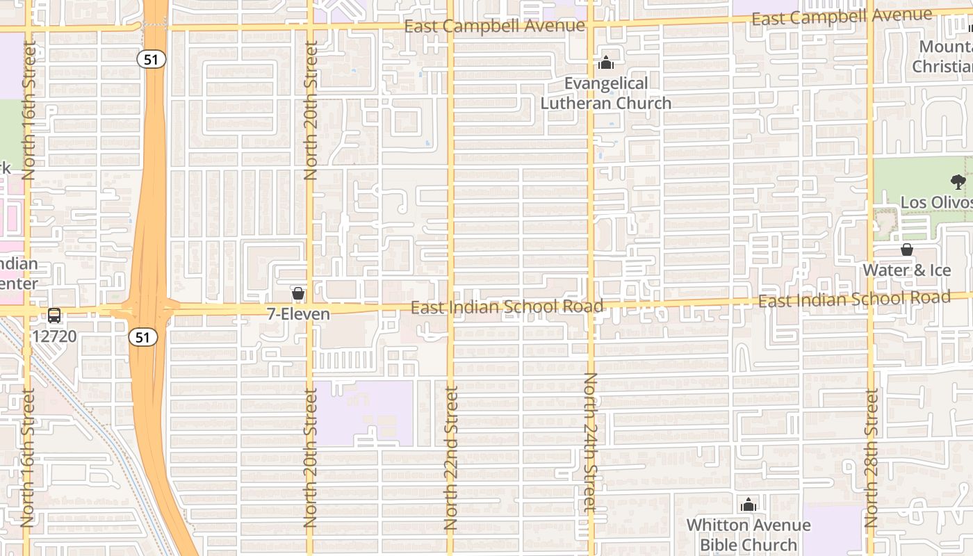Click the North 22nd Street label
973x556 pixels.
[x=450, y=459]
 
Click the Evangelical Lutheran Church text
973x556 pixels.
[x=606, y=93]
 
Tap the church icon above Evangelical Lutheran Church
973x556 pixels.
[x=606, y=63]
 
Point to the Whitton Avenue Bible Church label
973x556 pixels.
[x=749, y=534]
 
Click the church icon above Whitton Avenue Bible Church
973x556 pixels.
[x=749, y=505]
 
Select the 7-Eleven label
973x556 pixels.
[x=298, y=314]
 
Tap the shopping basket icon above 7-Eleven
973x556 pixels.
[x=298, y=294]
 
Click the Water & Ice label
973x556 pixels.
[x=907, y=270]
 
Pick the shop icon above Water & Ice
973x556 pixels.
[x=907, y=250]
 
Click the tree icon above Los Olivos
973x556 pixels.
[x=958, y=183]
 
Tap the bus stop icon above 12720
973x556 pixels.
[x=54, y=315]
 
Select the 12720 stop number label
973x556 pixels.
[x=54, y=336]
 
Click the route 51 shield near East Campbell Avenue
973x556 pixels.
[x=151, y=59]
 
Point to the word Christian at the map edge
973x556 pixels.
[x=942, y=67]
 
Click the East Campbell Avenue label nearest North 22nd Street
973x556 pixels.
[x=494, y=26]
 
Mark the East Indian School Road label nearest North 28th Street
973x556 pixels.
[x=854, y=300]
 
